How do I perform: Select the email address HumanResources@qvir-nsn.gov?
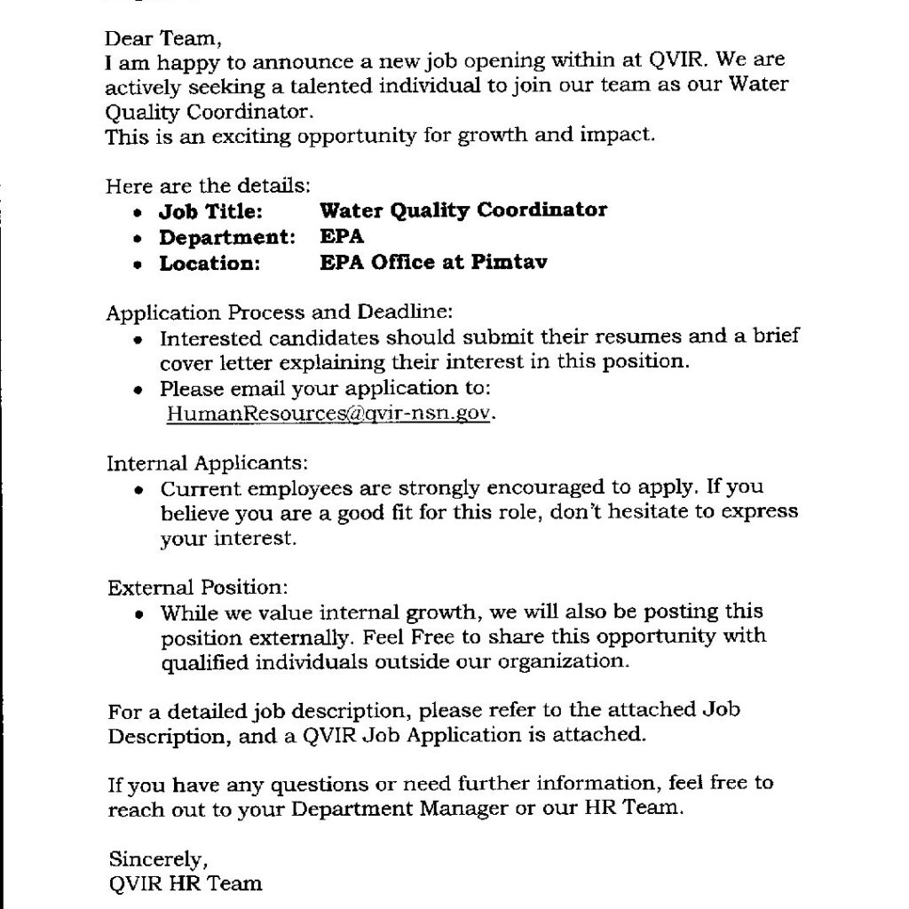tap(327, 413)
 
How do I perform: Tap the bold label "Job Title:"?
tap(210, 211)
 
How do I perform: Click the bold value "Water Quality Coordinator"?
tap(463, 210)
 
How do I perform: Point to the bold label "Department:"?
tap(226, 237)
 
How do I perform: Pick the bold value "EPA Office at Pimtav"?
tap(433, 263)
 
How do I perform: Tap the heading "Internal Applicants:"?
tap(208, 463)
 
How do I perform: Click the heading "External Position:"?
tap(198, 588)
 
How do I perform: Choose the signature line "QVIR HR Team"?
tap(185, 883)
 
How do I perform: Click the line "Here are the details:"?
tap(209, 186)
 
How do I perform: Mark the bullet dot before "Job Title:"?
tap(136, 214)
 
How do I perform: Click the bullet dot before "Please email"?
tap(137, 391)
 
